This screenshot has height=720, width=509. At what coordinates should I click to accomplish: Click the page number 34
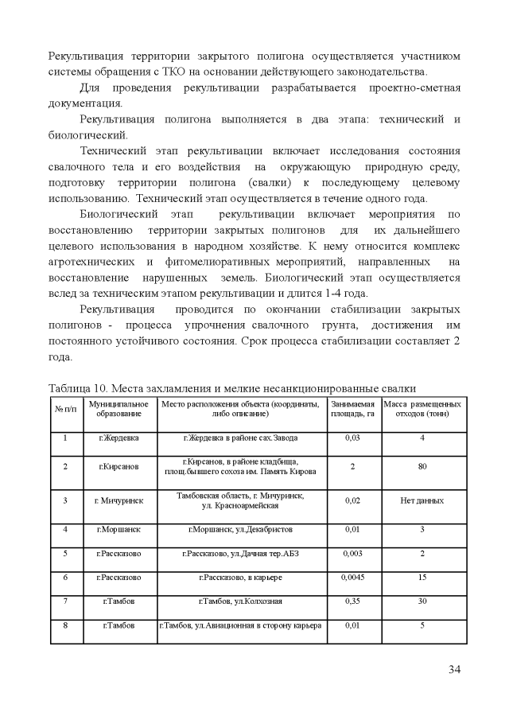454,668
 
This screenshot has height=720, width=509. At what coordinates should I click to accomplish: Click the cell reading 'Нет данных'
422,500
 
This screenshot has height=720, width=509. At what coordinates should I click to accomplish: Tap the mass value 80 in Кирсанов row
422,466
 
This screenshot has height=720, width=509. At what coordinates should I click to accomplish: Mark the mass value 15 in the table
422,577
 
